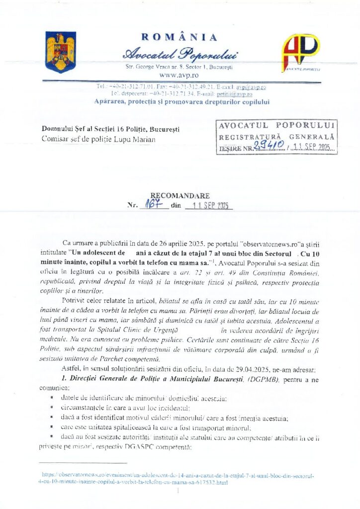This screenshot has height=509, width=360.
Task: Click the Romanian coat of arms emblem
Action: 60,51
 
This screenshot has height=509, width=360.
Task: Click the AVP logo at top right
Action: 301,52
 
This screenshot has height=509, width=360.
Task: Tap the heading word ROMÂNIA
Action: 180,37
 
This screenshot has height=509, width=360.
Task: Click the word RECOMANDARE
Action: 180,196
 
